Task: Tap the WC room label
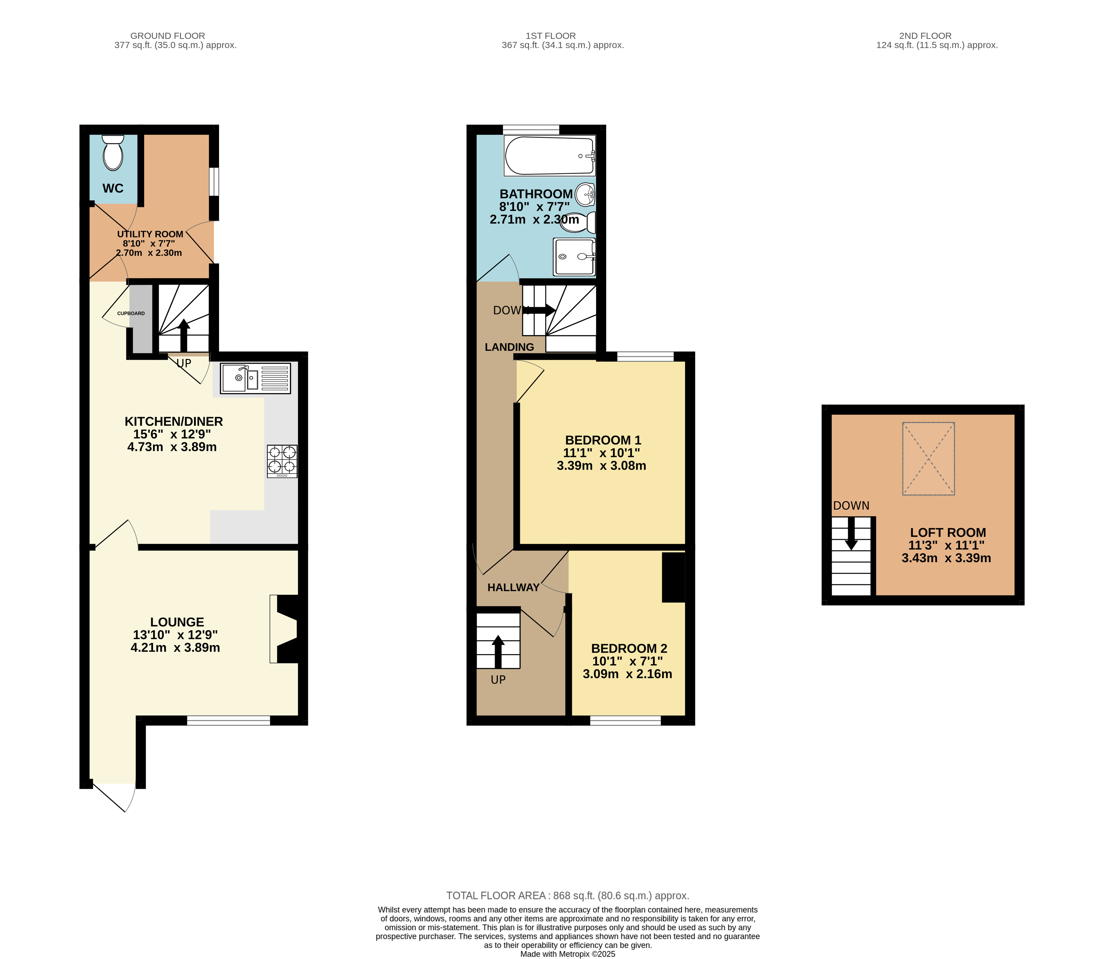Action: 113,188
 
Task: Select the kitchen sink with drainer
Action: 255,378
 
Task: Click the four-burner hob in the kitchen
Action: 282,461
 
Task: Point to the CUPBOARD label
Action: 131,313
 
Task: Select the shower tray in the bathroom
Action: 574,257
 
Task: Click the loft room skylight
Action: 928,459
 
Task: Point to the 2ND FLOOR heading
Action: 925,36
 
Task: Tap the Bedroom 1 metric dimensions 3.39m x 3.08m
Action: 601,465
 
